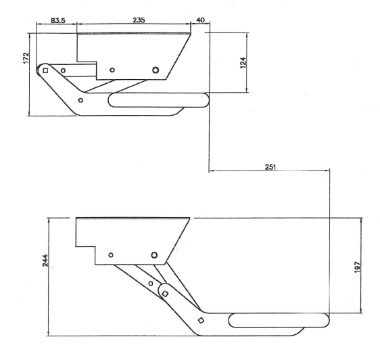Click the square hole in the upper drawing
[46, 70]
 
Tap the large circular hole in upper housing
[156, 70]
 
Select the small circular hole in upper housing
[112, 70]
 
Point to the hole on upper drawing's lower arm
[81, 100]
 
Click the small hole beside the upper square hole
[63, 70]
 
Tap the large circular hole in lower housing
[154, 254]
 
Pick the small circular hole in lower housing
[111, 254]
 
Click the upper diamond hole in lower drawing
[165, 294]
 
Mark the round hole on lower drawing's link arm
[150, 283]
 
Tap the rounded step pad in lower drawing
[279, 320]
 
